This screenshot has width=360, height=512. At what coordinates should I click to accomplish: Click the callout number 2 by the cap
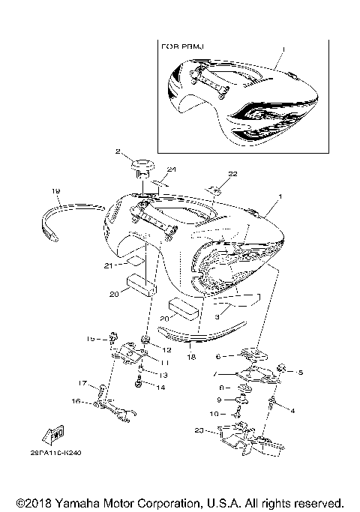[118, 151]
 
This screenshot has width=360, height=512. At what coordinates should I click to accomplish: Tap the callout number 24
[171, 169]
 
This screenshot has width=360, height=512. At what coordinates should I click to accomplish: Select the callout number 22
[232, 173]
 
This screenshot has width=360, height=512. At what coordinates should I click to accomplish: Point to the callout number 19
[55, 191]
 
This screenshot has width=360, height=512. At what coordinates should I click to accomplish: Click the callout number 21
[109, 265]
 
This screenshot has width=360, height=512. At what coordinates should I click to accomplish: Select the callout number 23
[198, 430]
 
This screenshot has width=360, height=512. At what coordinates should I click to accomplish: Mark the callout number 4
[292, 410]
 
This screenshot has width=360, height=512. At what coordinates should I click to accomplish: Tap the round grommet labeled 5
[283, 368]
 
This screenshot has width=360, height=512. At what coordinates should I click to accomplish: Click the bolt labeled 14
[139, 384]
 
